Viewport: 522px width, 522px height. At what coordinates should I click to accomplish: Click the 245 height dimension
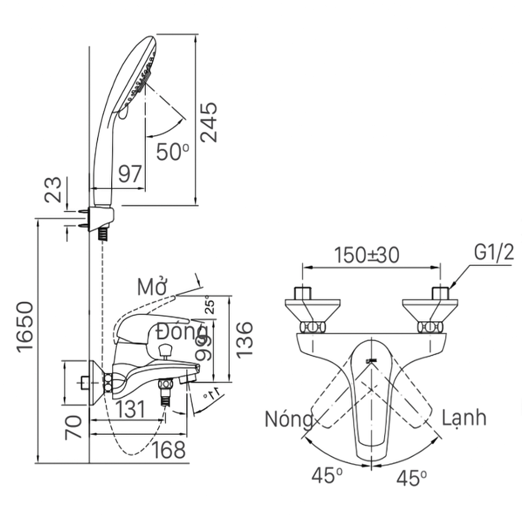(x=209, y=123)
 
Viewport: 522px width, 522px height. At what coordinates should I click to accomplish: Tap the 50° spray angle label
(x=172, y=152)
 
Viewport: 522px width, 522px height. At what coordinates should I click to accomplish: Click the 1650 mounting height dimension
(x=27, y=327)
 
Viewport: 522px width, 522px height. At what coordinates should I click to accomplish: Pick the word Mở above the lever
(x=152, y=287)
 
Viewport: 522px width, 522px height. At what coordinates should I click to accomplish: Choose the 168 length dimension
(x=169, y=449)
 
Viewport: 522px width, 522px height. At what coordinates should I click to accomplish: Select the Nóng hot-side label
(x=288, y=419)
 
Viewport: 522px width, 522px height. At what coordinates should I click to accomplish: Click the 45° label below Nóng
(x=327, y=476)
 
